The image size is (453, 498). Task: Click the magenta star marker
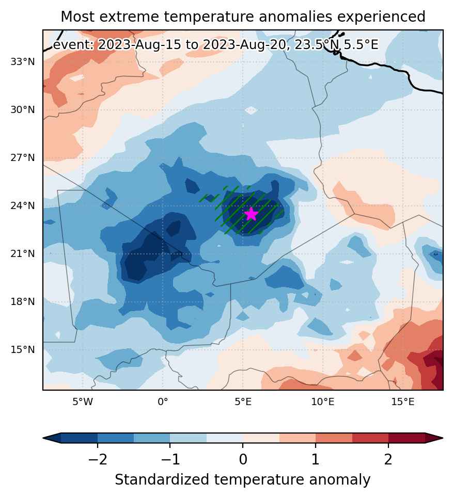(251, 214)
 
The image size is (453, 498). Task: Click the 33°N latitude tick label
(23, 61)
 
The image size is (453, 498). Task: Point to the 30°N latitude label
(23, 110)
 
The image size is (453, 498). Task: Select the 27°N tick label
(23, 158)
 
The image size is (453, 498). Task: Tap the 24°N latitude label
(23, 206)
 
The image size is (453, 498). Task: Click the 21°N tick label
(23, 254)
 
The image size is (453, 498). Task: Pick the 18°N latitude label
(23, 302)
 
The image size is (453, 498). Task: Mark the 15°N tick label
(23, 350)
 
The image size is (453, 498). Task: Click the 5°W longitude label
(83, 402)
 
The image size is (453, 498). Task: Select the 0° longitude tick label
(163, 402)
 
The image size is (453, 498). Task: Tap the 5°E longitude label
(243, 402)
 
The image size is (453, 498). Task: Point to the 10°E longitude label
(323, 402)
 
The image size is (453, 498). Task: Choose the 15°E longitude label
(403, 402)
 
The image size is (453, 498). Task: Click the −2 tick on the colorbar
(98, 459)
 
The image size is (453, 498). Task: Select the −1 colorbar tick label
(170, 459)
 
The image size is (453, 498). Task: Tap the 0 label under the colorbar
(243, 459)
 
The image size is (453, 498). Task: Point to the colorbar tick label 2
(388, 459)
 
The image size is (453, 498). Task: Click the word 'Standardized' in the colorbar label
(162, 480)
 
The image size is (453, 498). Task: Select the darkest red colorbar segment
(407, 438)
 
